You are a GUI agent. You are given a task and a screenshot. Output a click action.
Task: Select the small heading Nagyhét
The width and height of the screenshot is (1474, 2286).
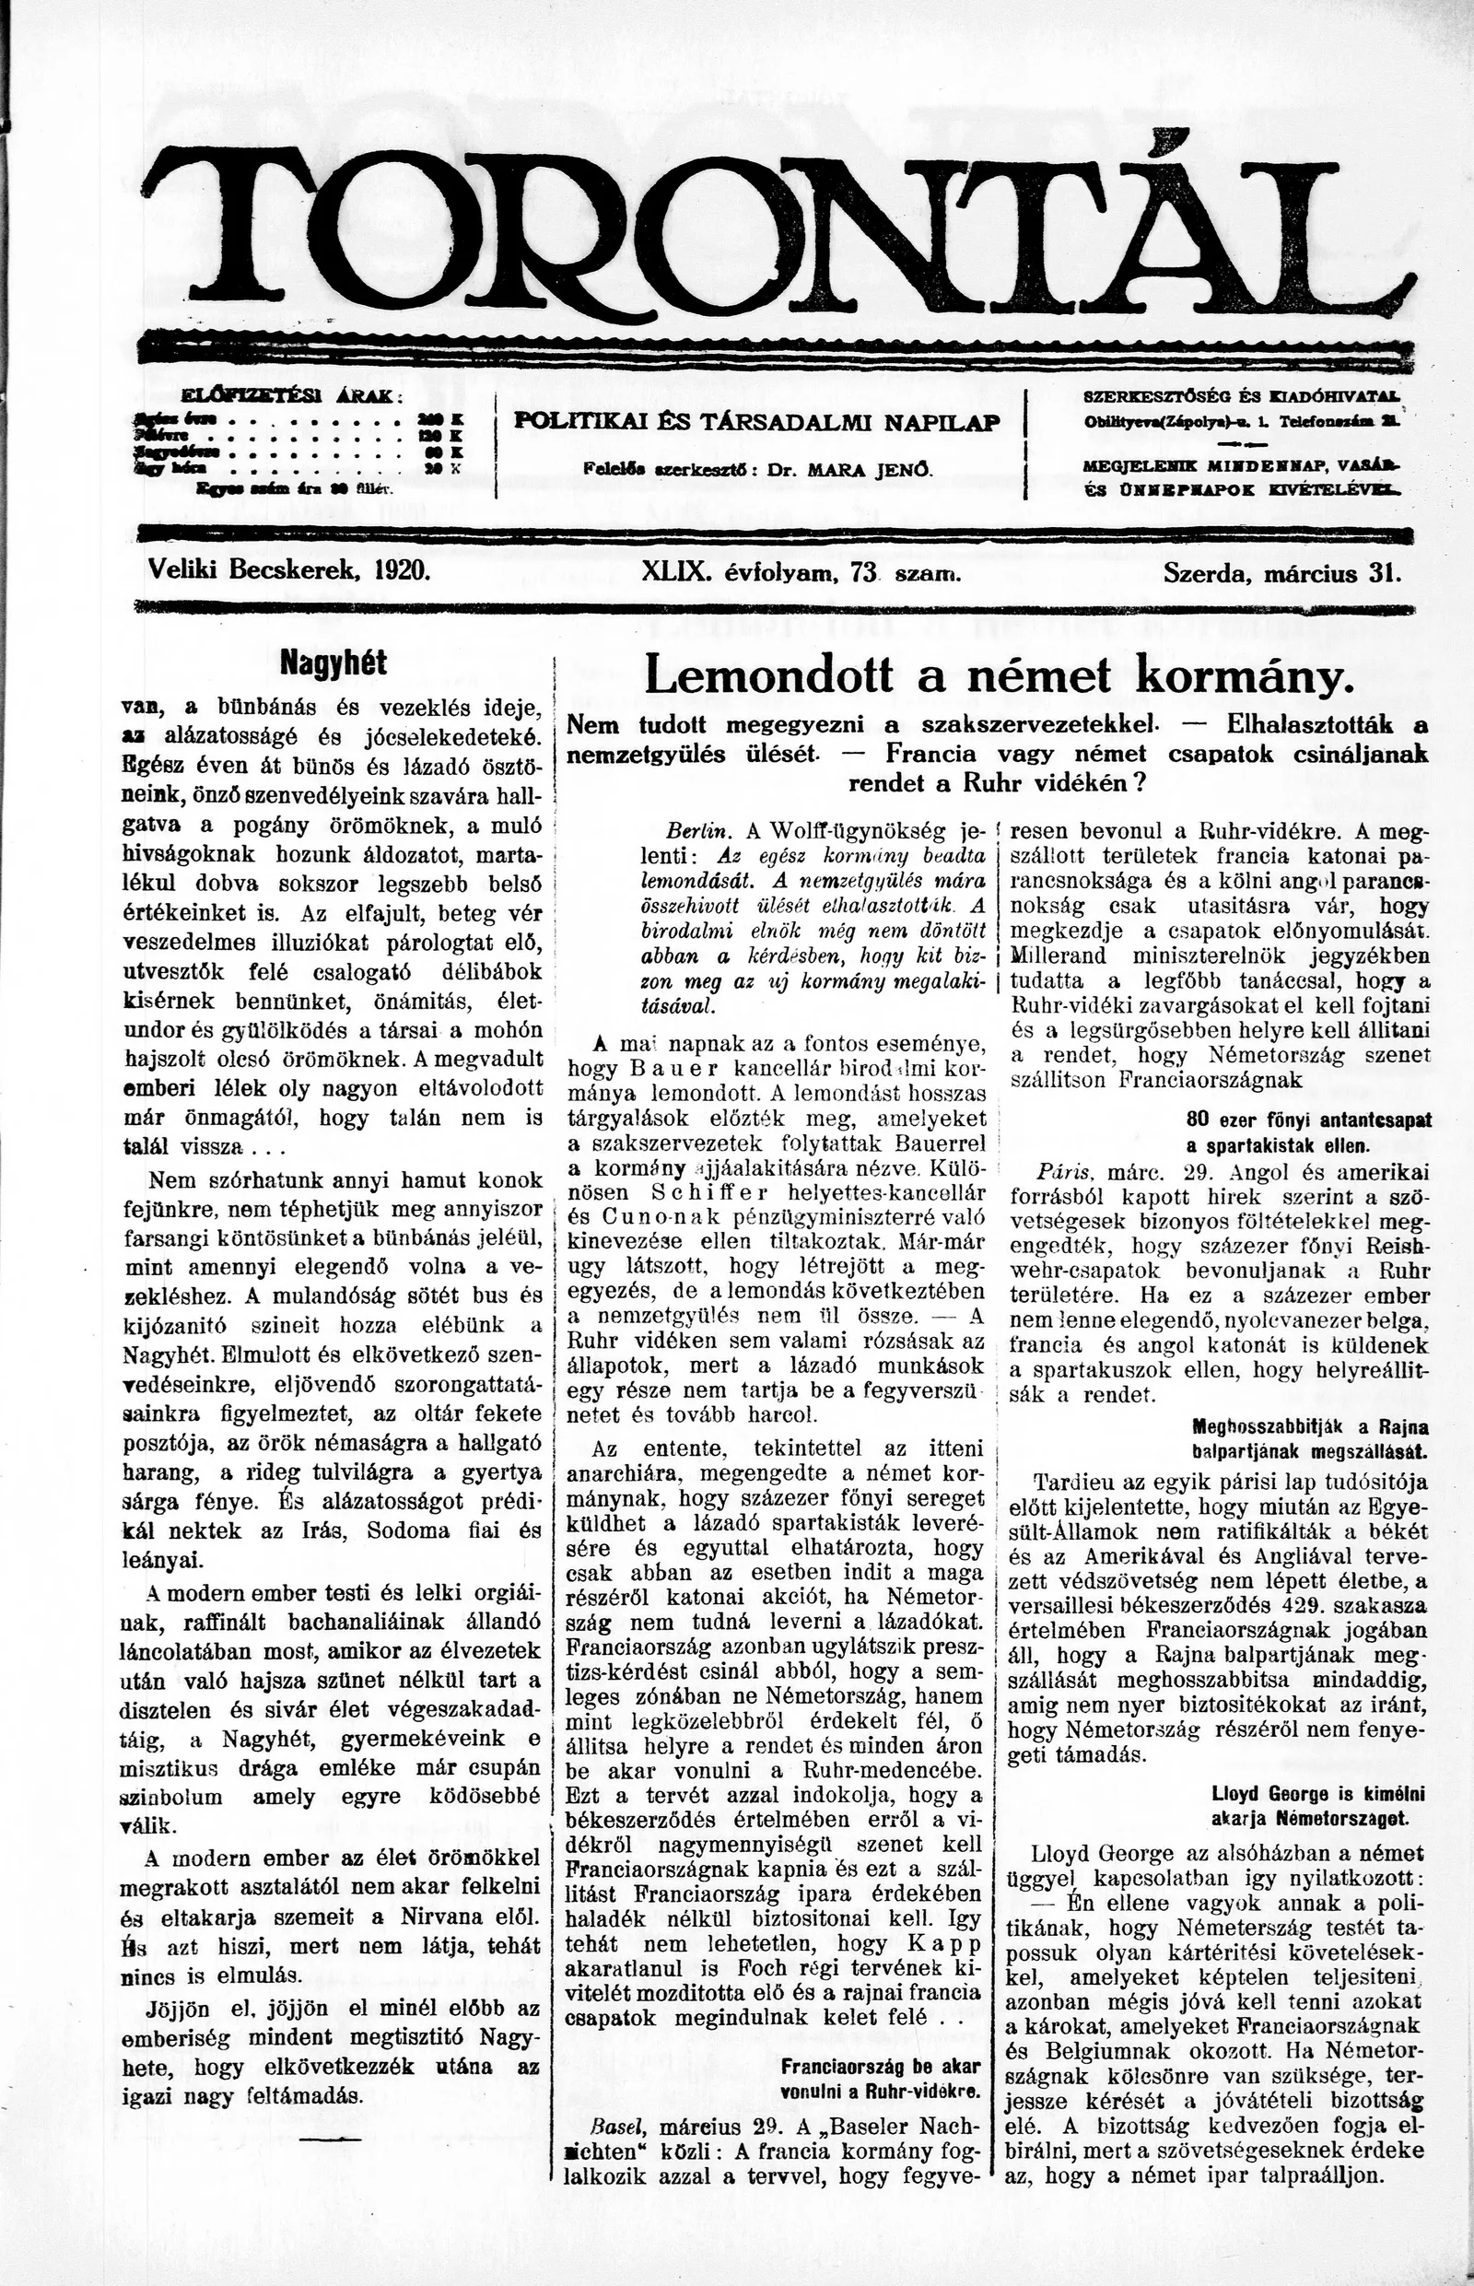pyautogui.click(x=333, y=662)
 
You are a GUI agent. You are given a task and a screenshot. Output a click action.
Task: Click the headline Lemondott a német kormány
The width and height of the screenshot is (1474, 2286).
pyautogui.click(x=1000, y=675)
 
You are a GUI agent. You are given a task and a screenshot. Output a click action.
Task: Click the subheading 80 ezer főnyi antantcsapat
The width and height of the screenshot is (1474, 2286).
pyautogui.click(x=1308, y=1121)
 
